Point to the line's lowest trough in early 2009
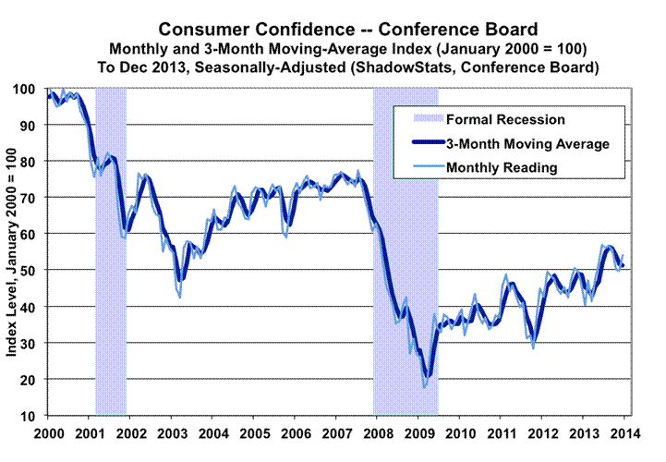point(425,386)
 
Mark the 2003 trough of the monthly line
point(179,297)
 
